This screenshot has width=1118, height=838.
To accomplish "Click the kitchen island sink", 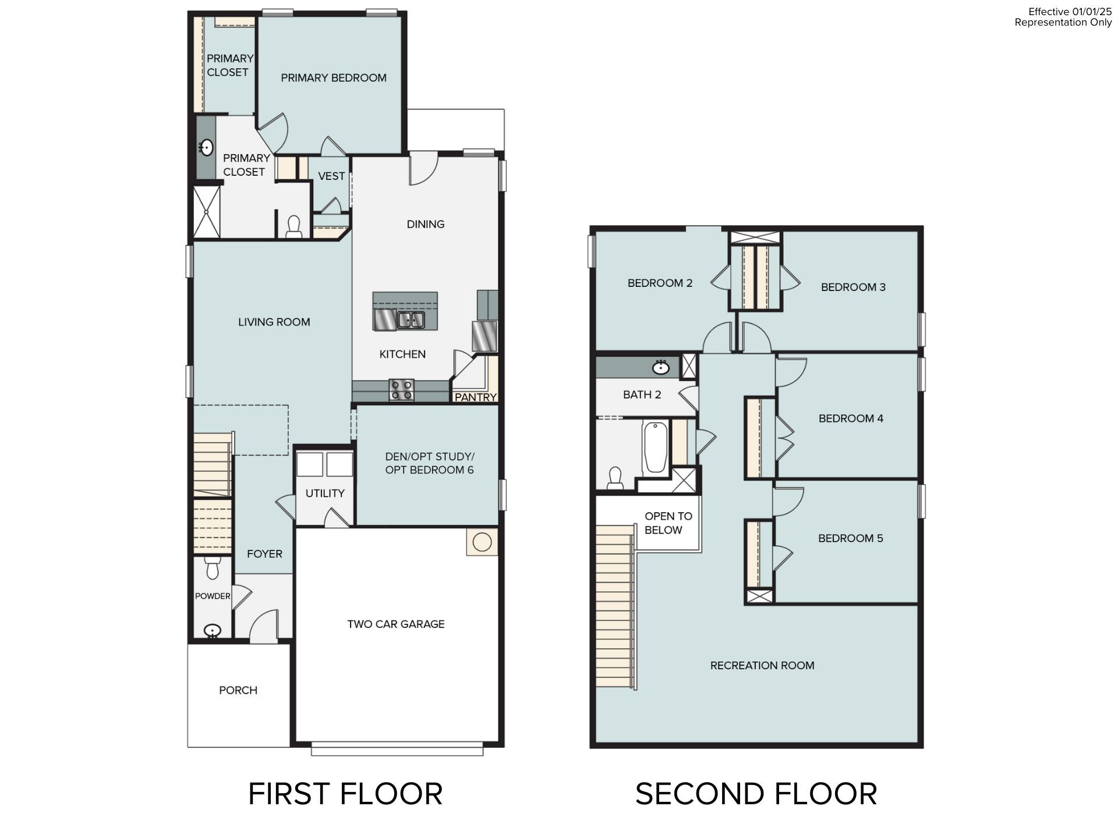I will pos(411,319).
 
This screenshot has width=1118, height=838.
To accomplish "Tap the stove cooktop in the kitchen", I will pos(401,389).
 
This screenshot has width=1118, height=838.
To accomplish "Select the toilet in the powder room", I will pos(212,567).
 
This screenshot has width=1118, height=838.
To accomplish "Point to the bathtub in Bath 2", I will pos(655,448).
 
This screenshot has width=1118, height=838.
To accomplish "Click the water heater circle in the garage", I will pos(482,542).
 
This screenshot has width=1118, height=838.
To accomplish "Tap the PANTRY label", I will pos(475,397).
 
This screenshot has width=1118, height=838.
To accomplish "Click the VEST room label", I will pos(331,176).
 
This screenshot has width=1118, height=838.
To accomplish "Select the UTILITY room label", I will pos(325,493).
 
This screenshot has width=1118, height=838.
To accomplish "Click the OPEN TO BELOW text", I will pos(667,523).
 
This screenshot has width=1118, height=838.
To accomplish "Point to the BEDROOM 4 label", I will pos(851,418).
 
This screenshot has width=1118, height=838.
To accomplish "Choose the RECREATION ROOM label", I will pos(762,665).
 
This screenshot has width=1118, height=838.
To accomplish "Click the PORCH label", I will pos(238,690).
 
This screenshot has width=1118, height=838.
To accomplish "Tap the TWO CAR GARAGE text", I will pos(395,624).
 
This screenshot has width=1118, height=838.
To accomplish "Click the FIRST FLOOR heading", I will pos(345,794).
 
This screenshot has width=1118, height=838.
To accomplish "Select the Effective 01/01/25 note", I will pos(1070,12).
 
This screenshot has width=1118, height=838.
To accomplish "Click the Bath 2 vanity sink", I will pos(660,367).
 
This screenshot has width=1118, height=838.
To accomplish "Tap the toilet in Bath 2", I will pos(615,478).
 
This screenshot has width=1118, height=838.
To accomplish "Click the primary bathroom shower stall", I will pos(207,212).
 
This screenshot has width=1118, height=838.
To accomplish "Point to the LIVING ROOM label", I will pos(274,322).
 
